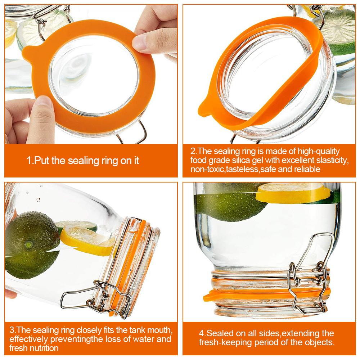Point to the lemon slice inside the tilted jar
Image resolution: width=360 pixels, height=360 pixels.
[83, 239]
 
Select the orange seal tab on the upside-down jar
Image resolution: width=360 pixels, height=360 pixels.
[211, 297]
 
